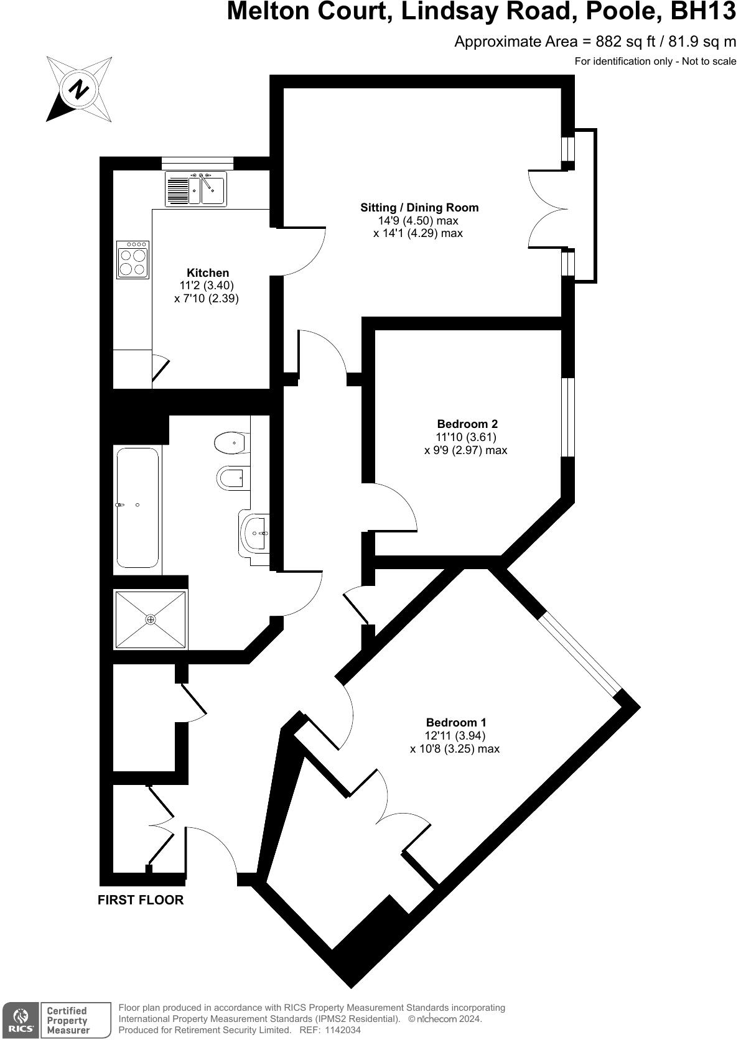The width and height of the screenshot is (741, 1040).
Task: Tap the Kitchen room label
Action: pos(208,273)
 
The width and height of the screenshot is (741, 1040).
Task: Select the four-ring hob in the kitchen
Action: pos(133,259)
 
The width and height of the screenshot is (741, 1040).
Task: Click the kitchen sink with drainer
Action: pos(195,188)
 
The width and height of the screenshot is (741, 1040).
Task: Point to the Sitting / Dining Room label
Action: pos(419,208)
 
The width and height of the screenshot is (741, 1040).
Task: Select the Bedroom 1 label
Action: pos(456,723)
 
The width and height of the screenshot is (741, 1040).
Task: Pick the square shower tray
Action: pos(151,620)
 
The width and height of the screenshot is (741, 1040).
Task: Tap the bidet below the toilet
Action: pos(231,479)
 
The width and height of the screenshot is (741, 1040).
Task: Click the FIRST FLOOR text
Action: pos(141,900)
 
